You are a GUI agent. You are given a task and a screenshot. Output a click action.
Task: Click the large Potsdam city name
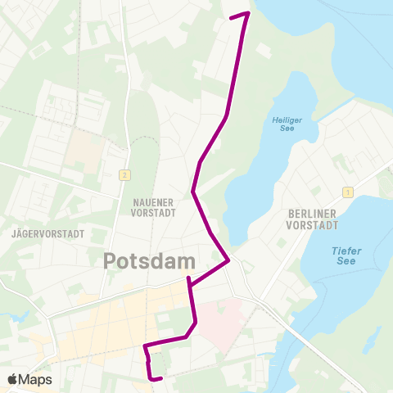(x=150, y=262)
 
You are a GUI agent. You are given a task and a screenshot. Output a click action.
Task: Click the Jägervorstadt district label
(x=48, y=233)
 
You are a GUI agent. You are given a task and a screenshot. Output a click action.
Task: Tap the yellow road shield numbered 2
(x=124, y=174)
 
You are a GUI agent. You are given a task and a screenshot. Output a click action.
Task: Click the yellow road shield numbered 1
(x=348, y=192)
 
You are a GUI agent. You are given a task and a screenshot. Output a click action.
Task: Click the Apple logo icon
(x=12, y=379)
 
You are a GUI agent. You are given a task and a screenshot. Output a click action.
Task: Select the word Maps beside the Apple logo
(x=35, y=380)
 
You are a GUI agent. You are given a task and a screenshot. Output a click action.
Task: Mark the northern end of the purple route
(x=232, y=16)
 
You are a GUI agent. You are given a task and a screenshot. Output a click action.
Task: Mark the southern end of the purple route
(x=161, y=378)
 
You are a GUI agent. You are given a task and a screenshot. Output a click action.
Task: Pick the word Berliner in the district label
(x=314, y=211)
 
